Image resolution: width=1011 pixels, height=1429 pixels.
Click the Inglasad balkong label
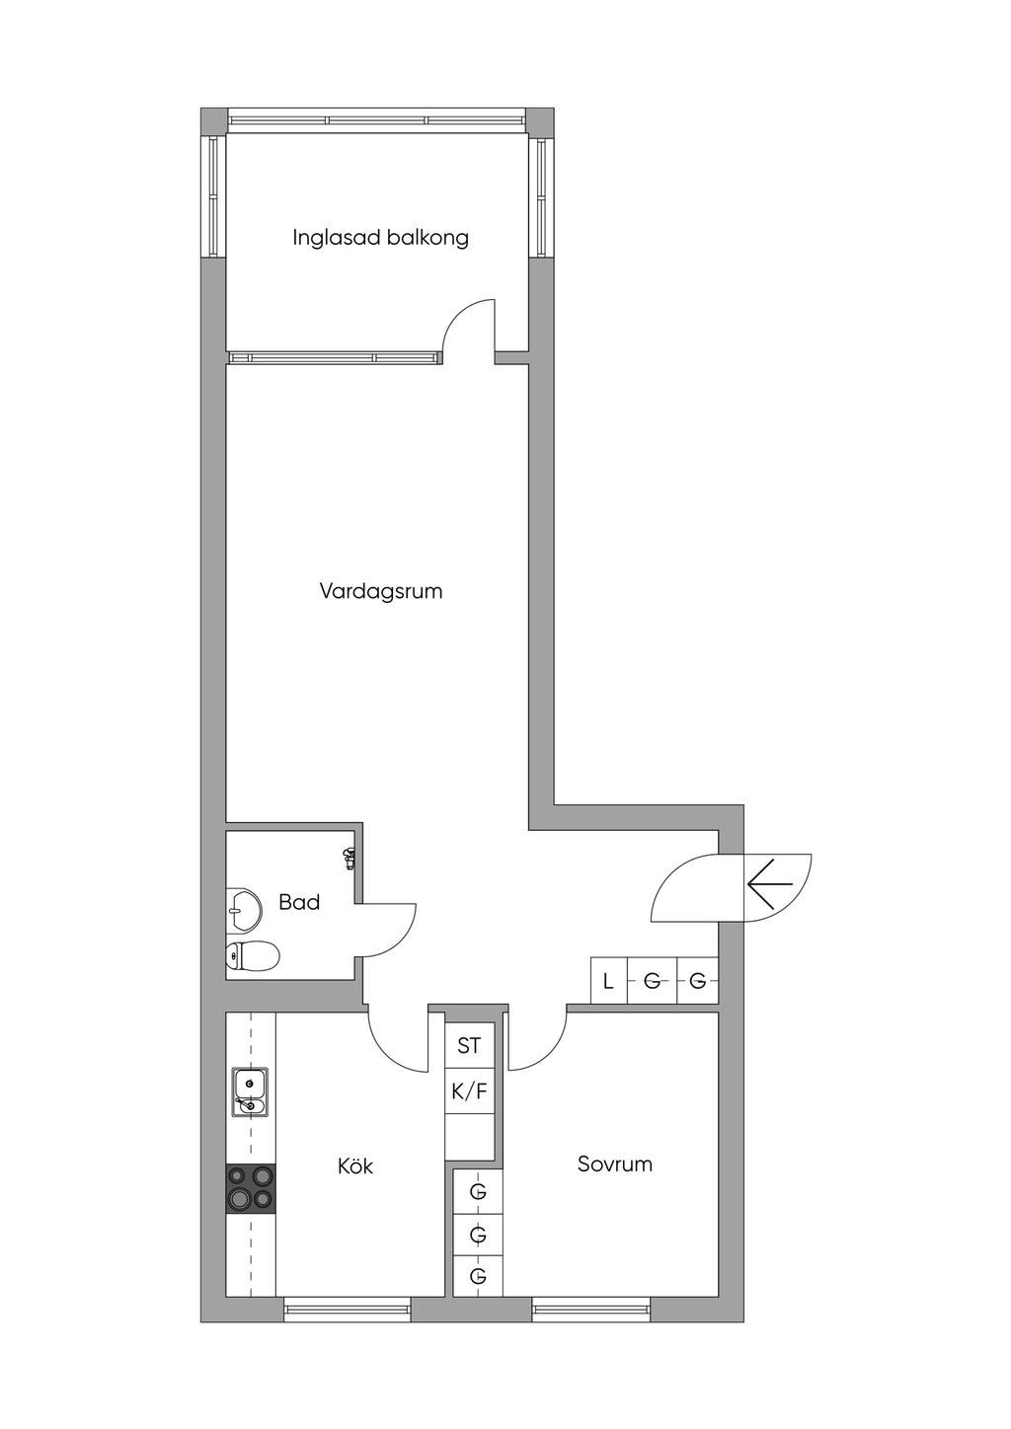click(x=380, y=238)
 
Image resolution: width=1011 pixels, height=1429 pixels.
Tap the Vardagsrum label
click(x=380, y=591)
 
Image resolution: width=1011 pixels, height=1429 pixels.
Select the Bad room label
click(x=298, y=902)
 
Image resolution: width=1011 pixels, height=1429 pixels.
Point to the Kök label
click(x=355, y=1166)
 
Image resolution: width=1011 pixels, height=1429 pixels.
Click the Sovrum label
click(x=614, y=1164)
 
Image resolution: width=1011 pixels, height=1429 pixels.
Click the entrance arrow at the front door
click(x=770, y=881)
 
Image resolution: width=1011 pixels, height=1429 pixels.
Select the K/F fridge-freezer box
click(x=469, y=1091)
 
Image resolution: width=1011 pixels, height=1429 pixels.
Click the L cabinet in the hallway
click(x=608, y=982)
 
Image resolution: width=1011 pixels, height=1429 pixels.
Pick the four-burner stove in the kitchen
click(x=251, y=1187)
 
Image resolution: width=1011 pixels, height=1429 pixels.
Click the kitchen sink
click(x=250, y=1092)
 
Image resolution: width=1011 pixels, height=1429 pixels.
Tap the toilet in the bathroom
click(x=251, y=955)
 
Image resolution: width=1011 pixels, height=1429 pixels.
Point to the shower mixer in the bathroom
click(x=349, y=860)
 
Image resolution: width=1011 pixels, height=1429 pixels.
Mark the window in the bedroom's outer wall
click(x=591, y=1309)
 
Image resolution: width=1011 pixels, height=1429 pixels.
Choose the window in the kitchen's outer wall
click(x=347, y=1309)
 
